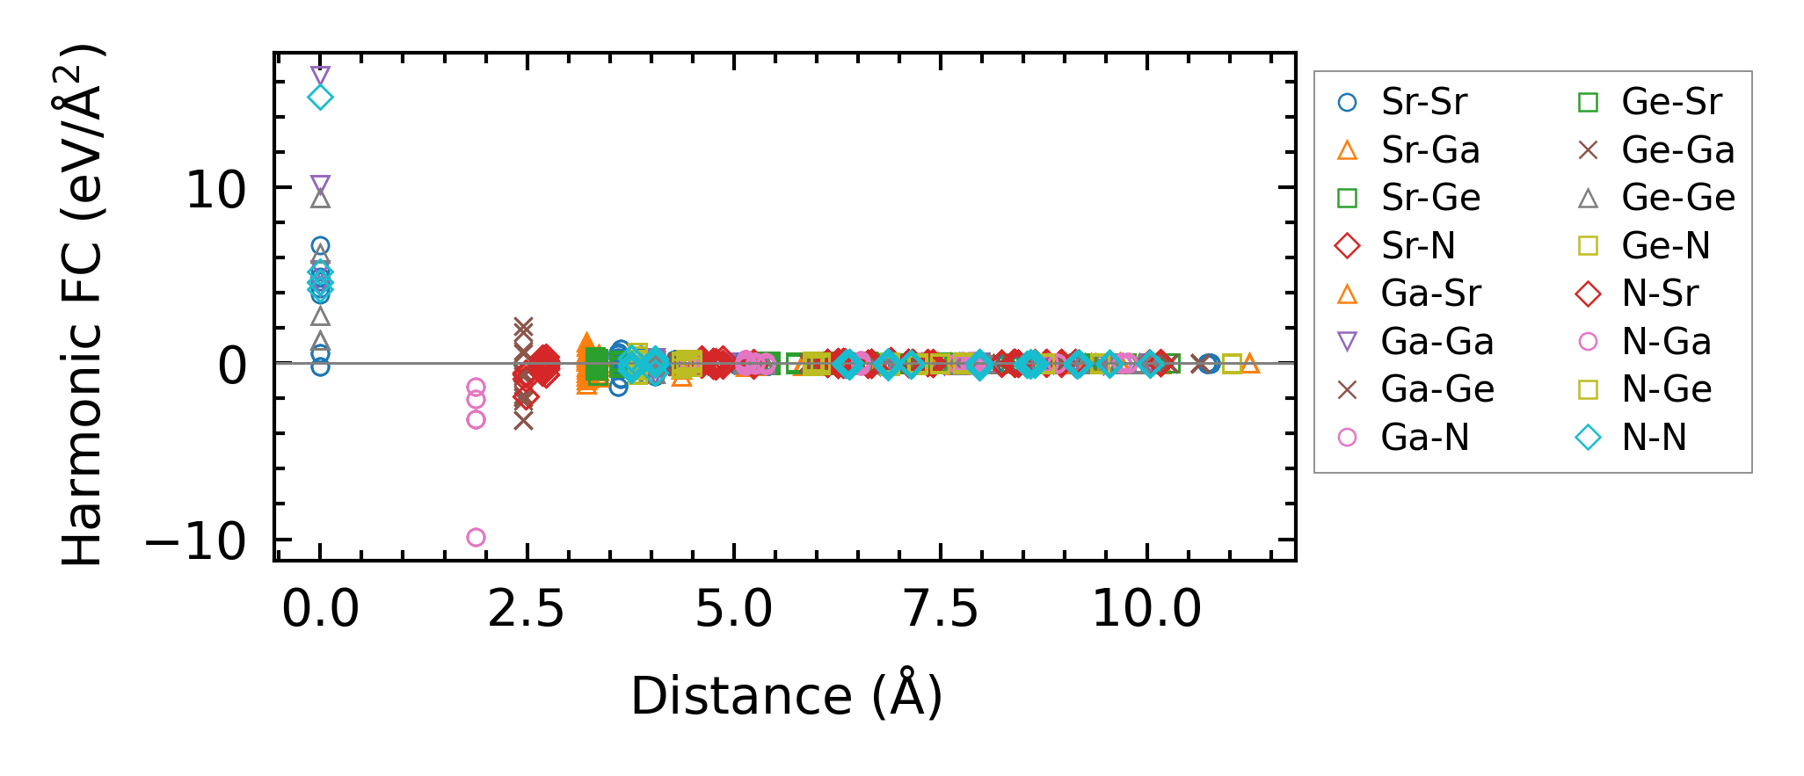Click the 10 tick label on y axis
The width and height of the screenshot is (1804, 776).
coord(216,190)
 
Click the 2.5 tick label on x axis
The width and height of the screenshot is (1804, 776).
coord(526,609)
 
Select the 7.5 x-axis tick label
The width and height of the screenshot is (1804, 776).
coord(941,609)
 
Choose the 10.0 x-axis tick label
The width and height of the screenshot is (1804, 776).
coord(1146,609)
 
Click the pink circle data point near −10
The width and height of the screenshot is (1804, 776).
coord(476,537)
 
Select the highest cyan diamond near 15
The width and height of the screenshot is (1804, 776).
coord(320,97)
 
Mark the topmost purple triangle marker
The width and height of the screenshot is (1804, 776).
coord(320,76)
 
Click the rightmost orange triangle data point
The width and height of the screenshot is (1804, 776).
coord(1249,363)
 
